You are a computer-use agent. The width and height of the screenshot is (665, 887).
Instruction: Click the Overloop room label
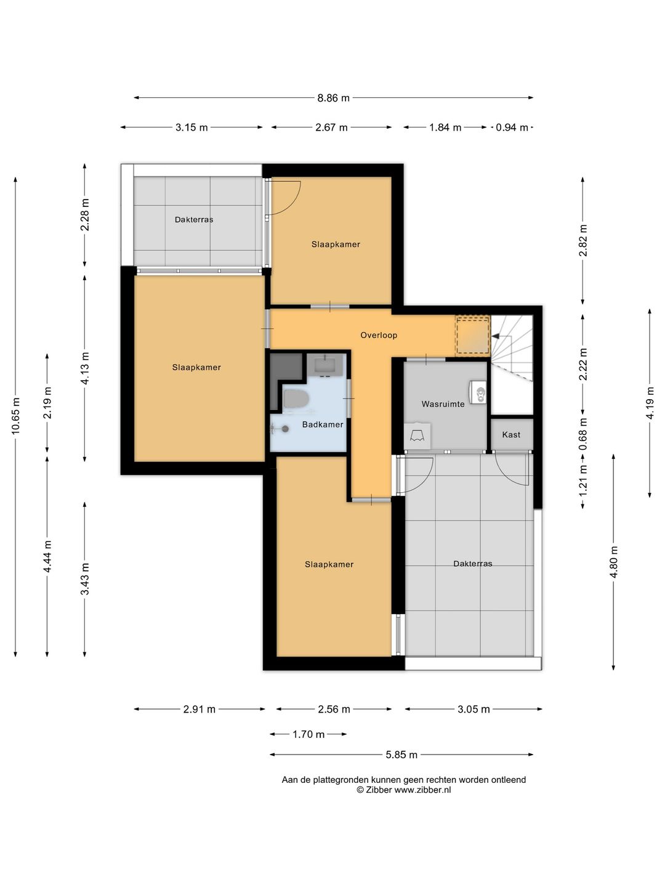point(378,335)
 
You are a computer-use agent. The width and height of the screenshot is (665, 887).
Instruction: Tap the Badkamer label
point(323,424)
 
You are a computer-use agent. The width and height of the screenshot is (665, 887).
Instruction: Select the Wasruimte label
point(443,403)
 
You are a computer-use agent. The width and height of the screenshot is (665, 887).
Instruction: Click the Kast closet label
point(511,434)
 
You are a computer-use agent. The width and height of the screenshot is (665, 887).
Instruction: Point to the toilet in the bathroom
point(296,400)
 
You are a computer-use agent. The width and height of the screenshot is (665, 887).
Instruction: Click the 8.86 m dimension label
point(333,98)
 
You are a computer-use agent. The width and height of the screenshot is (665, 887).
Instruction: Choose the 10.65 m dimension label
point(15,416)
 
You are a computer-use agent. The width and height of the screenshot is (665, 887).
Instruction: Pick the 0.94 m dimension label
point(512,128)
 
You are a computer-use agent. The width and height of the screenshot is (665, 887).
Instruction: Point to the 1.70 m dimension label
point(308,734)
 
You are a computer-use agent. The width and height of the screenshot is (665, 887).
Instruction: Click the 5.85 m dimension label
point(401,755)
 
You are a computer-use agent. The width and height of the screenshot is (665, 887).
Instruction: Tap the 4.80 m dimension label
point(614,562)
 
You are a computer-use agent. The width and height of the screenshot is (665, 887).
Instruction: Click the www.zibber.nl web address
point(422,790)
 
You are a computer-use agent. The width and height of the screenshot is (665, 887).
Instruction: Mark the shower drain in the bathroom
point(286,429)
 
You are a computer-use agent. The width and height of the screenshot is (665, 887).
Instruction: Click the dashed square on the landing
point(473,336)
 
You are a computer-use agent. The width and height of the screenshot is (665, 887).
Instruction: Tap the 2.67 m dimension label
point(331,128)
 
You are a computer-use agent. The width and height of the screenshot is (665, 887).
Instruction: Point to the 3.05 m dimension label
point(474,709)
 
